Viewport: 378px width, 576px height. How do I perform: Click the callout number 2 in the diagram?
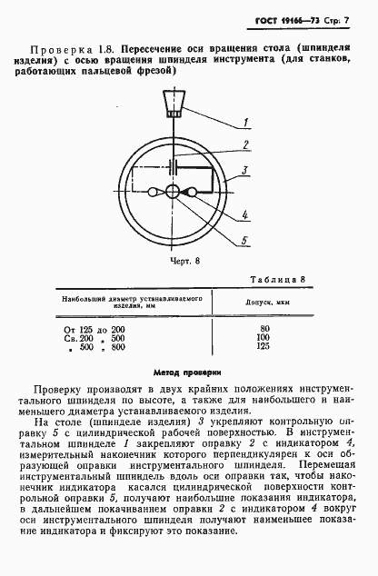pyautogui.click(x=245, y=145)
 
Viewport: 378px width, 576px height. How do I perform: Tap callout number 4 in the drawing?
pyautogui.click(x=246, y=217)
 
